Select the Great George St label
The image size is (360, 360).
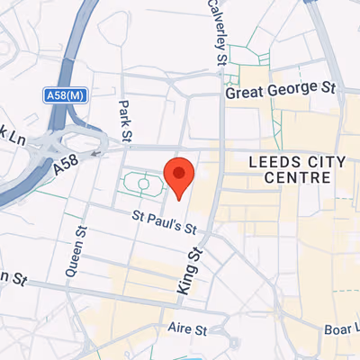[x=280, y=89]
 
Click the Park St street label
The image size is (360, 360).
[x=126, y=120]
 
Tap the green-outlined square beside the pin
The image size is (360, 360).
[x=142, y=184]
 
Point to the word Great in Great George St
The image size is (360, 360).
[x=244, y=91]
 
